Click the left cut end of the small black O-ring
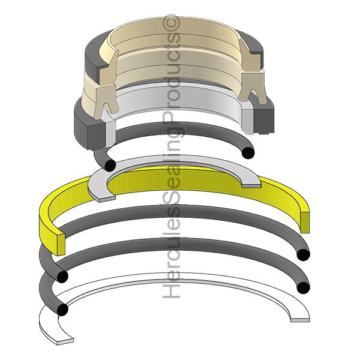click(109, 165)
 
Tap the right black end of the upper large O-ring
click(304, 254)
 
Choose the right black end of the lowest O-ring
click(304, 289)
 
